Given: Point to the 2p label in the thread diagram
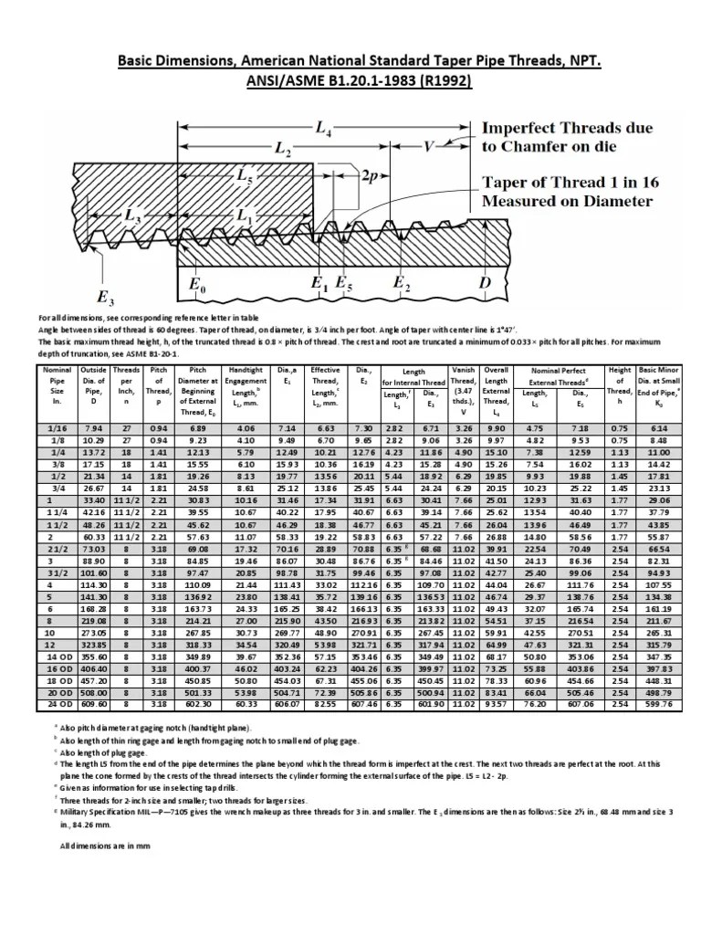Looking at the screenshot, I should coord(374,174).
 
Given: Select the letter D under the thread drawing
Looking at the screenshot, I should coord(483,284).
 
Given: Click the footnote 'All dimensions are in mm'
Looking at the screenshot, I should coord(98,846).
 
